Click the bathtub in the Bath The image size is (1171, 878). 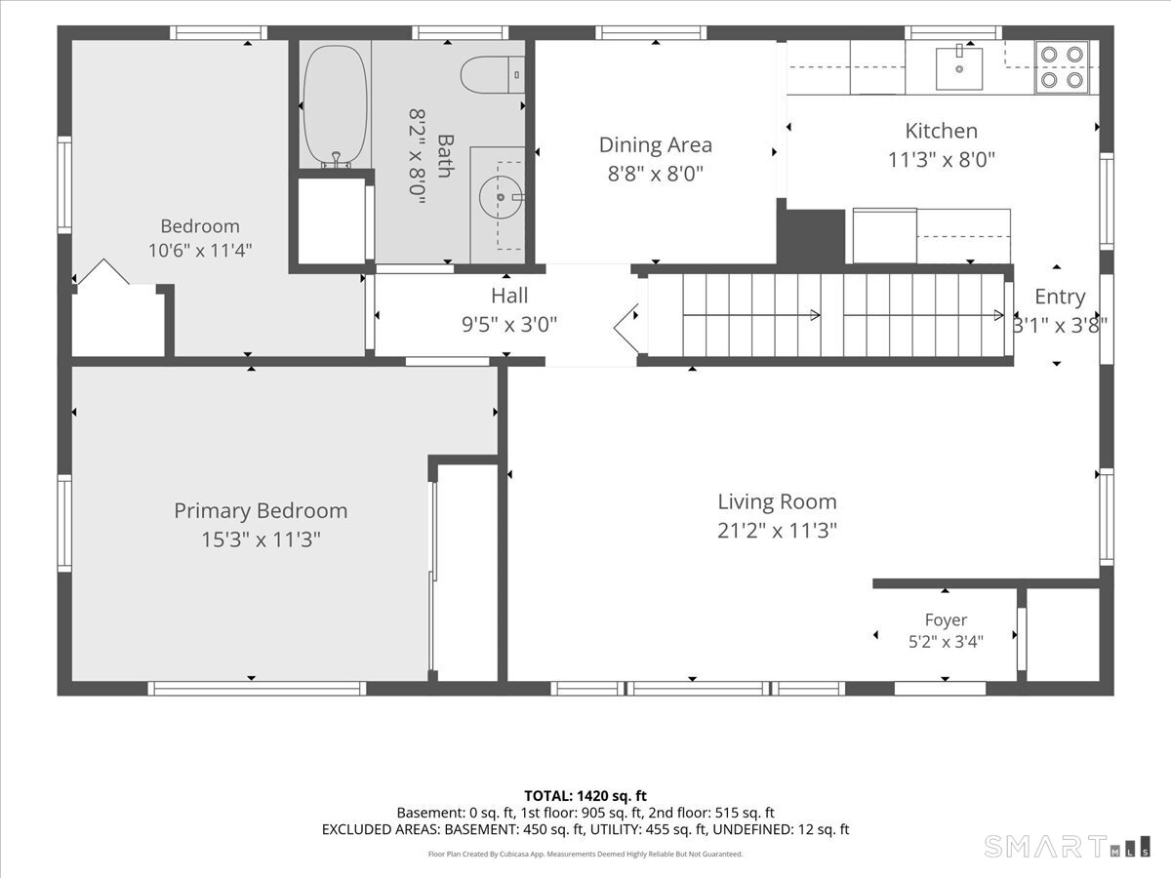tap(335, 105)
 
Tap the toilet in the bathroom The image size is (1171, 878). tap(492, 75)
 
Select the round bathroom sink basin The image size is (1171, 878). tap(500, 197)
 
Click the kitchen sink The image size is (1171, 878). tap(958, 68)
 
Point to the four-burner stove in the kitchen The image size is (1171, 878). tap(1062, 67)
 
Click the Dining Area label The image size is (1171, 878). tap(655, 145)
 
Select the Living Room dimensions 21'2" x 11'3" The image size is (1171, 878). tap(777, 531)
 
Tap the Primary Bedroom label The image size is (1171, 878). tap(261, 510)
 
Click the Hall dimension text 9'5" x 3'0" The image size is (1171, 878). tap(509, 324)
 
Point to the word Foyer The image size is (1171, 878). tap(946, 619)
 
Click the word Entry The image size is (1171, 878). tap(1060, 297)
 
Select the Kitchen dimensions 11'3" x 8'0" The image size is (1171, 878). tap(941, 159)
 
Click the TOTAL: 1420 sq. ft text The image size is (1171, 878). tap(585, 796)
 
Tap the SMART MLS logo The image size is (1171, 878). tap(1067, 847)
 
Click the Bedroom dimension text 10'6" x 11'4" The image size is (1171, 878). tap(200, 250)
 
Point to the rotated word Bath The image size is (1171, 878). tap(445, 156)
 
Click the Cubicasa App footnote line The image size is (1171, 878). tap(585, 854)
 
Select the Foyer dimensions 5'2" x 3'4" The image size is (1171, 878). tap(946, 641)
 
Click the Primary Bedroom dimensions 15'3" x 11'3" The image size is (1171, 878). tap(261, 539)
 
